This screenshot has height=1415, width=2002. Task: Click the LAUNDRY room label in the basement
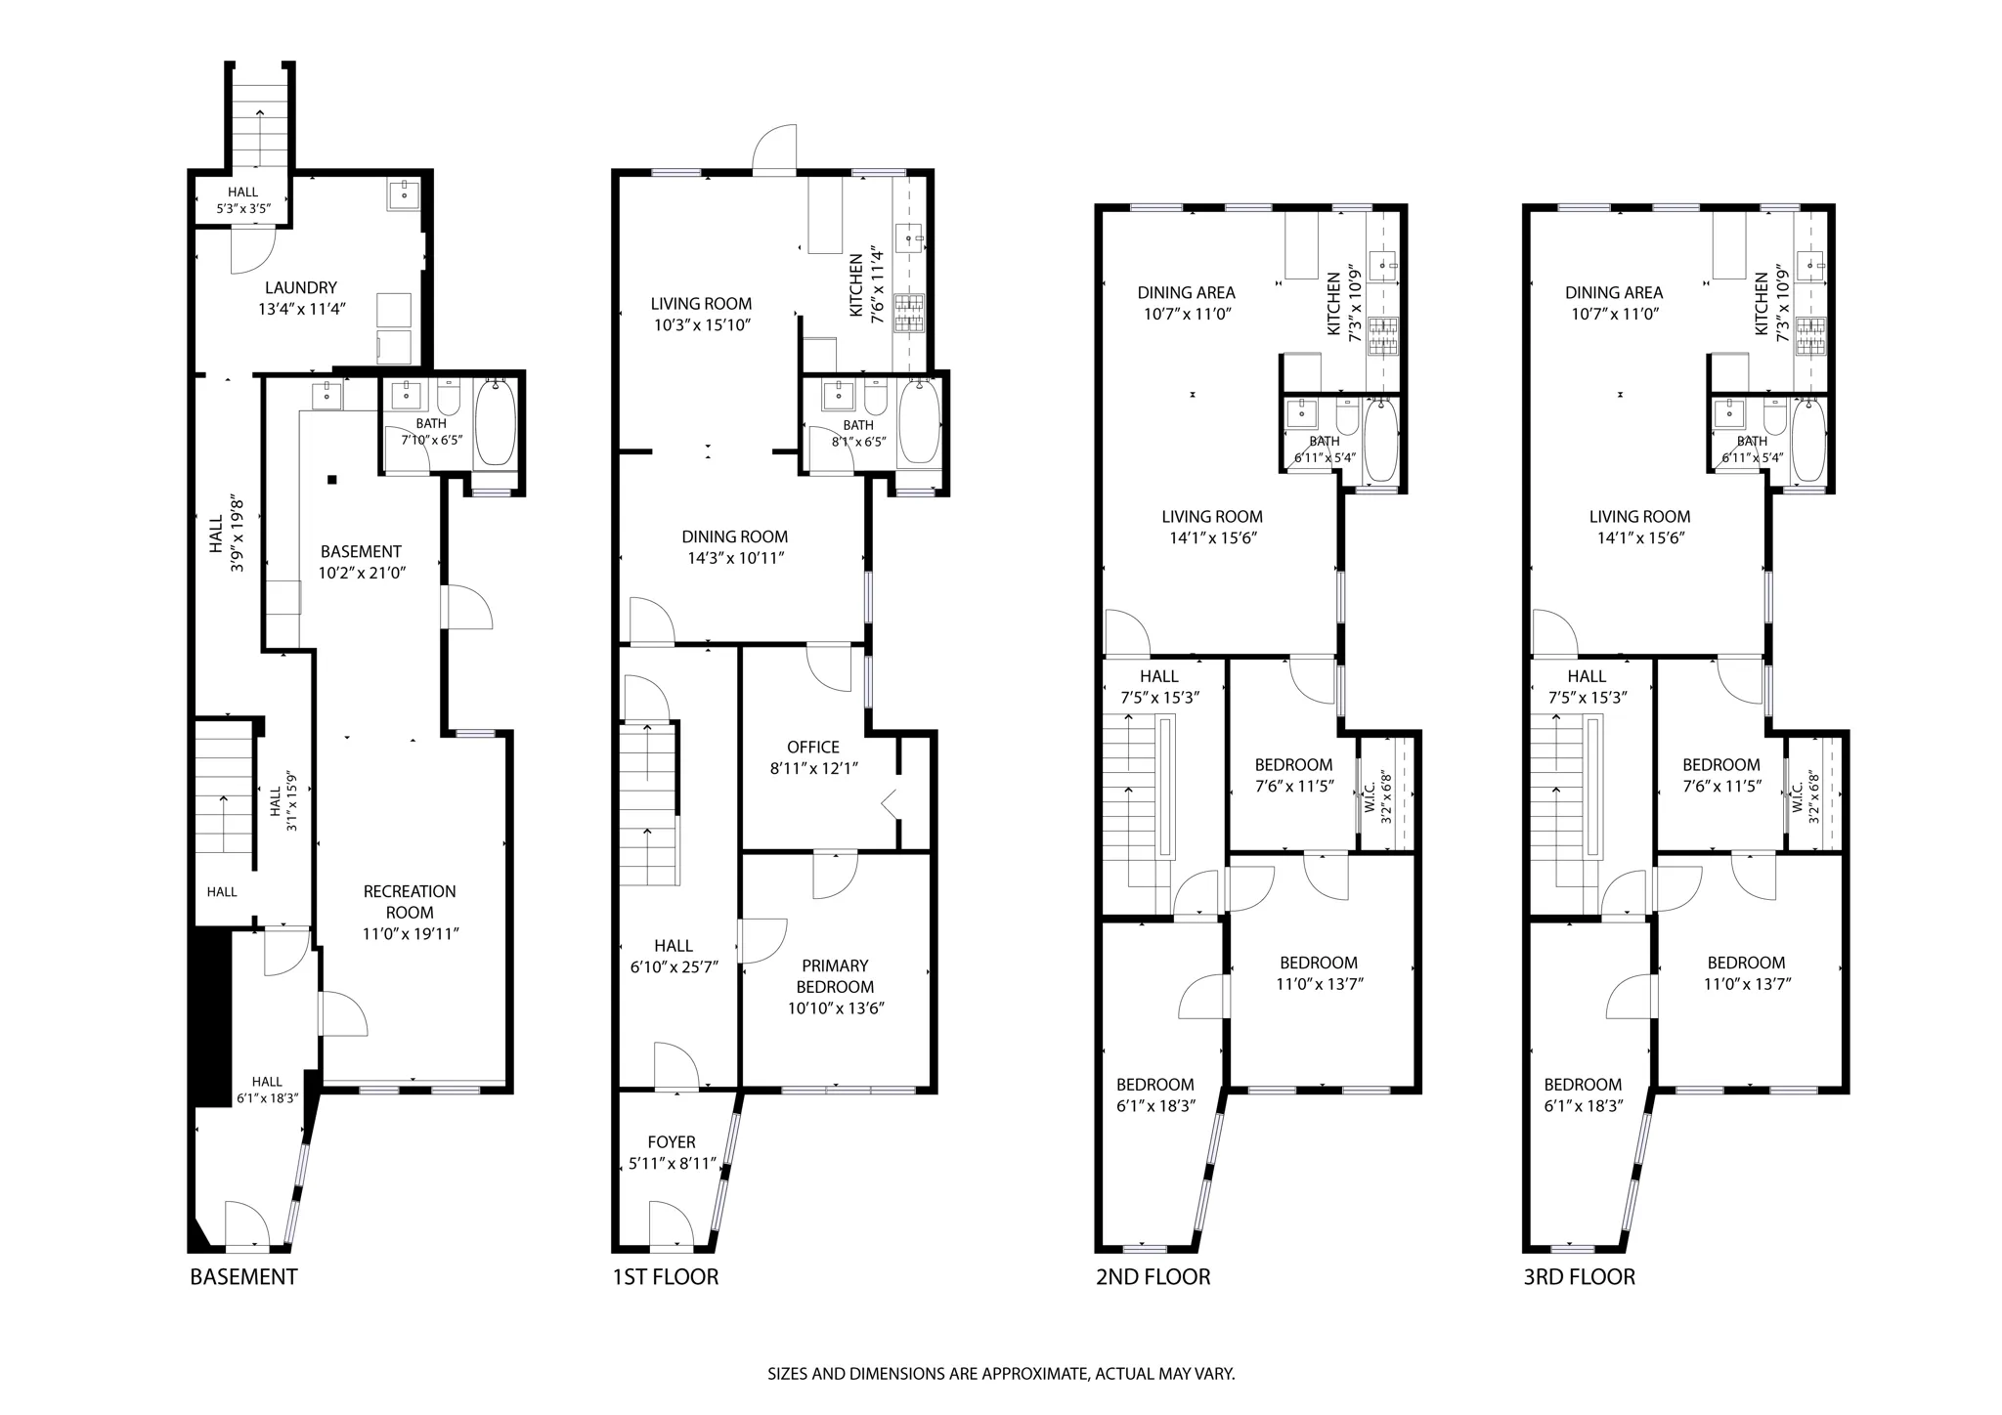tap(300, 288)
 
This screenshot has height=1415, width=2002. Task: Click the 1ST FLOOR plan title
tap(665, 1276)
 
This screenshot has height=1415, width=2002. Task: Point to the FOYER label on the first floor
tap(672, 1142)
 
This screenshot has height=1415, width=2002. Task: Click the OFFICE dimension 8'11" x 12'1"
tap(813, 768)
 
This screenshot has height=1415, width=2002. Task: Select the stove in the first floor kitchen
tap(909, 313)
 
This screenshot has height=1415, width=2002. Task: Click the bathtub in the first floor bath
tap(918, 422)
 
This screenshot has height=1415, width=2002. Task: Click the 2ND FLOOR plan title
tap(1153, 1276)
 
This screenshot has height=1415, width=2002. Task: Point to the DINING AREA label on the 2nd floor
tap(1186, 292)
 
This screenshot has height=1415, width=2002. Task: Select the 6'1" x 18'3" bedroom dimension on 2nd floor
tap(1155, 1105)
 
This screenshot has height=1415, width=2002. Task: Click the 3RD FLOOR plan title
tap(1579, 1276)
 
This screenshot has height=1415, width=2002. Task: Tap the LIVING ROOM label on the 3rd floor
tap(1639, 517)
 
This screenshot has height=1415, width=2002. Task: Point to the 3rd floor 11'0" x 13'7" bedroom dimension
tap(1747, 984)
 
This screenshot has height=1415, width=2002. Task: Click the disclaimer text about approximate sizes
tap(1001, 1373)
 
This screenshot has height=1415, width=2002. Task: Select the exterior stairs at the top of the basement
tap(261, 117)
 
